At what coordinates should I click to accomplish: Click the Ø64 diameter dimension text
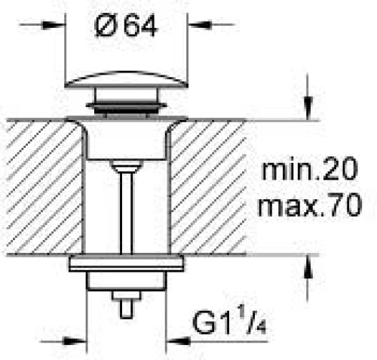pyautogui.click(x=126, y=26)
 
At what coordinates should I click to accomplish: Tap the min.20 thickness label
pyautogui.click(x=309, y=168)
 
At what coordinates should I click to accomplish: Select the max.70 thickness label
pyautogui.click(x=310, y=204)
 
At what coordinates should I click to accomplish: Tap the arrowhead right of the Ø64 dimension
pyautogui.click(x=200, y=25)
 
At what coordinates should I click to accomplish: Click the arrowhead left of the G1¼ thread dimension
pyautogui.click(x=75, y=341)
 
